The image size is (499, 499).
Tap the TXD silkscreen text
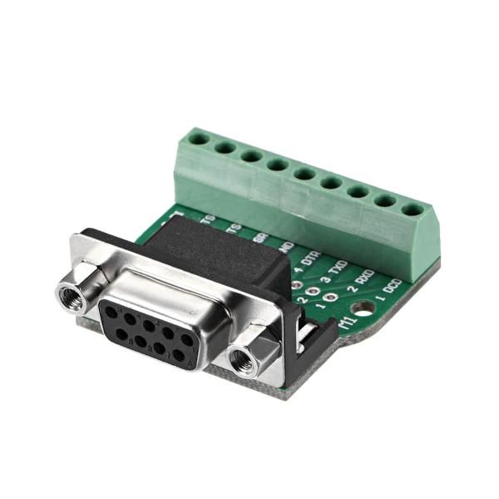(338, 268)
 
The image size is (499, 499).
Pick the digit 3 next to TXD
(325, 280)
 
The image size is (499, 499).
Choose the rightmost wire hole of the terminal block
(411, 209)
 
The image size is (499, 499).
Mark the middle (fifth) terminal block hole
(304, 174)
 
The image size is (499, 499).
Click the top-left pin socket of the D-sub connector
(111, 312)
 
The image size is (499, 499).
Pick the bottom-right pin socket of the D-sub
(178, 355)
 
